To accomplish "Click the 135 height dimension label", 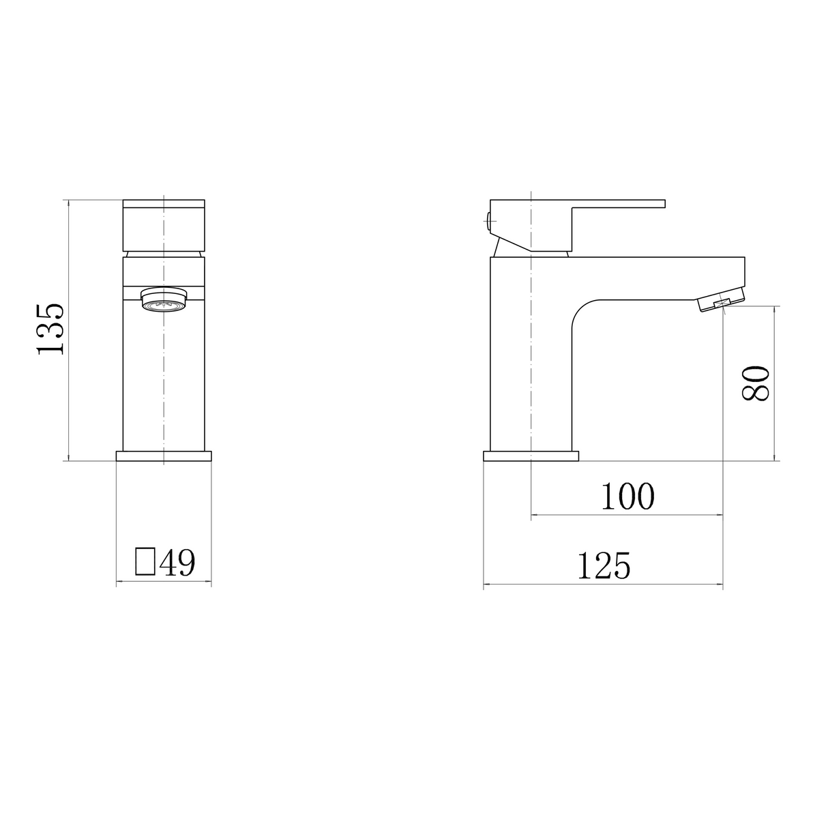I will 51,329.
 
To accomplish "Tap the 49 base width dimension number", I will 177,563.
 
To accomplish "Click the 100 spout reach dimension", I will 627,497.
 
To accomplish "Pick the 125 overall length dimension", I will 604,566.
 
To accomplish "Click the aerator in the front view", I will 164,299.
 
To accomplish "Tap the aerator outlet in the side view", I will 720,303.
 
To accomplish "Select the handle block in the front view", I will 164,225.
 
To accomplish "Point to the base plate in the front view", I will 164,456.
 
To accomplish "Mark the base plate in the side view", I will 531,456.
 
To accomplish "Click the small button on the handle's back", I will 488,219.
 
